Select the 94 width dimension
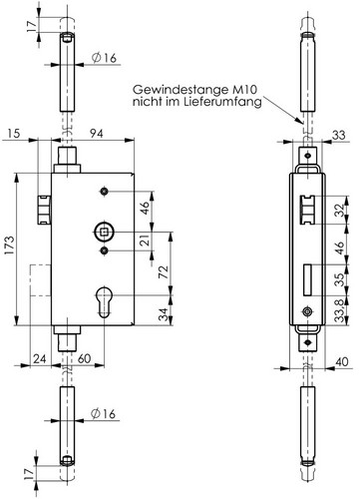click(93, 134)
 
